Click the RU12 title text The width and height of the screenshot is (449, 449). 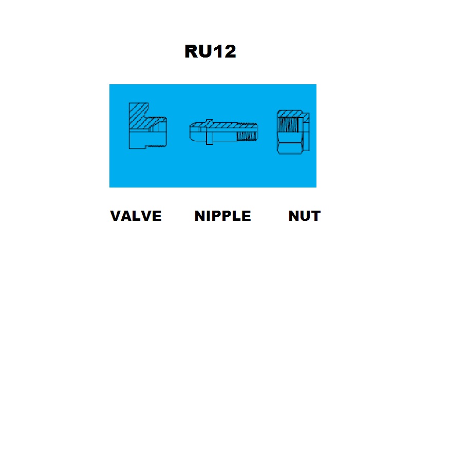pyautogui.click(x=210, y=51)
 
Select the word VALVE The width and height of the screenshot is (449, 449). pyautogui.click(x=136, y=216)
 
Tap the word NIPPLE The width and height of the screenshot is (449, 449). pyautogui.click(x=222, y=216)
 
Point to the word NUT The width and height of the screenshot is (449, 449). pyautogui.click(x=305, y=216)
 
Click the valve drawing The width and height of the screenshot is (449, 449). pyautogui.click(x=148, y=126)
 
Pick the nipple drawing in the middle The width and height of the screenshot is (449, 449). pyautogui.click(x=223, y=132)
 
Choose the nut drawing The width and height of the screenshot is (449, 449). pyautogui.click(x=293, y=132)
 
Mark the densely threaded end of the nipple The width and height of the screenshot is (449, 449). pyautogui.click(x=247, y=136)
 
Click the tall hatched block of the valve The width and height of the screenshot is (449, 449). pyautogui.click(x=139, y=116)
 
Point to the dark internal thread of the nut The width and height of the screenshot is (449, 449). pyautogui.click(x=288, y=125)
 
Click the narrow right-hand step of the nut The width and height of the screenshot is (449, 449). pyautogui.click(x=306, y=132)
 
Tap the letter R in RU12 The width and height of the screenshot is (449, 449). pyautogui.click(x=191, y=51)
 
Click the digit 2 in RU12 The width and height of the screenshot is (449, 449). pyautogui.click(x=230, y=51)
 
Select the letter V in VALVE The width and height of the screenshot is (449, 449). pyautogui.click(x=116, y=216)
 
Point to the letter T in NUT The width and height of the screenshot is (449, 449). pyautogui.click(x=315, y=216)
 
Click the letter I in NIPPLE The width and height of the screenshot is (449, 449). pyautogui.click(x=209, y=216)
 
